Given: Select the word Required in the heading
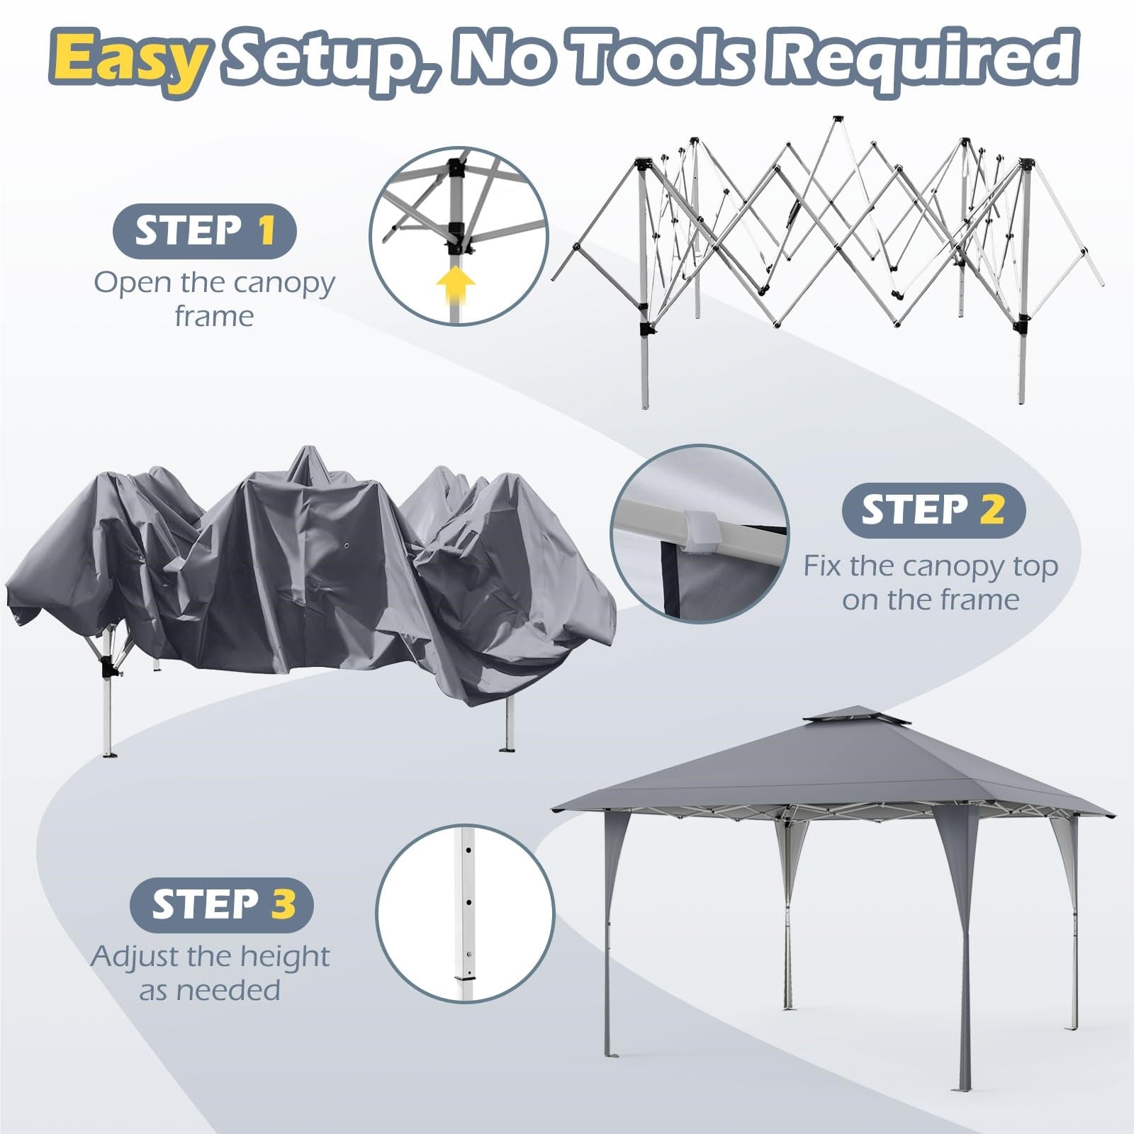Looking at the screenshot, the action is pyautogui.click(x=924, y=60).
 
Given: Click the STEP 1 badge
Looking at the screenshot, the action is pyautogui.click(x=204, y=231).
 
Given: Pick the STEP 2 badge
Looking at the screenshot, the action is pyautogui.click(x=933, y=510).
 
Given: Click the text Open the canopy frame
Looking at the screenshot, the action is pyautogui.click(x=214, y=298).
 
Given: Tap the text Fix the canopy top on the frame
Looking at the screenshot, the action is pyautogui.click(x=931, y=583).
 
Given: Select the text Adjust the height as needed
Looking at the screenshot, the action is pyautogui.click(x=210, y=972).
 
